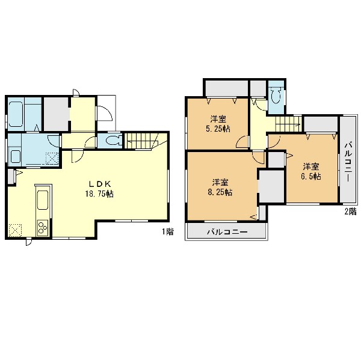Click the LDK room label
pos(100,183)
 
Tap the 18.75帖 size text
pos(99,194)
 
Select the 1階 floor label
pos(167,231)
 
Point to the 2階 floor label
pos(350,212)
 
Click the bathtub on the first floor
pos(16,114)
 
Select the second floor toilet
pos(276,96)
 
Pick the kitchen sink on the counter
pos(43,200)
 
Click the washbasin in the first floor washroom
pos(16,156)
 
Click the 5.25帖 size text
pos(218,129)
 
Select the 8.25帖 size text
pos(220,192)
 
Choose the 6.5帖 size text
pos(311,177)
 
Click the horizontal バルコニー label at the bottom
pos(227,231)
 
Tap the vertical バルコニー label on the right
pos(348,162)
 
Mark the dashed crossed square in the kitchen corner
pos(15,230)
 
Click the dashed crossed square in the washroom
pos(52,159)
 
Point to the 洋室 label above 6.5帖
pos(311,166)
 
